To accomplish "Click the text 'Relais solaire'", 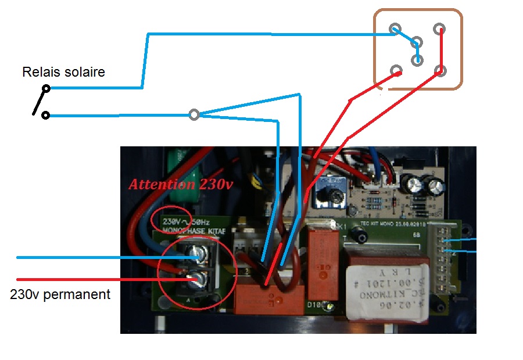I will pos(63,73).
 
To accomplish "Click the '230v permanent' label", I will pos(60,294).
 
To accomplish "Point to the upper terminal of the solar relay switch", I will pos(46,89).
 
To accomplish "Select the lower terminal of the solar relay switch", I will pos(45,116).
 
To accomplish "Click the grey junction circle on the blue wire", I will pos(195,115).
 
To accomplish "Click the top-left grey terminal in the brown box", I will pos(395,29).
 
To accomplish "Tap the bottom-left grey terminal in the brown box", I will pos(396,71).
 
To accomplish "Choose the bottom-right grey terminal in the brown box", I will pos(440,71).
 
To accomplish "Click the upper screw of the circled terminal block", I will pos(197,253).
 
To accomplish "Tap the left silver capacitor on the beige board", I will pos(415,186).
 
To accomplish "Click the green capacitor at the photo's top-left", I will pos(181,160).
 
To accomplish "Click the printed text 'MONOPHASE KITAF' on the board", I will pos(192,231).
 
